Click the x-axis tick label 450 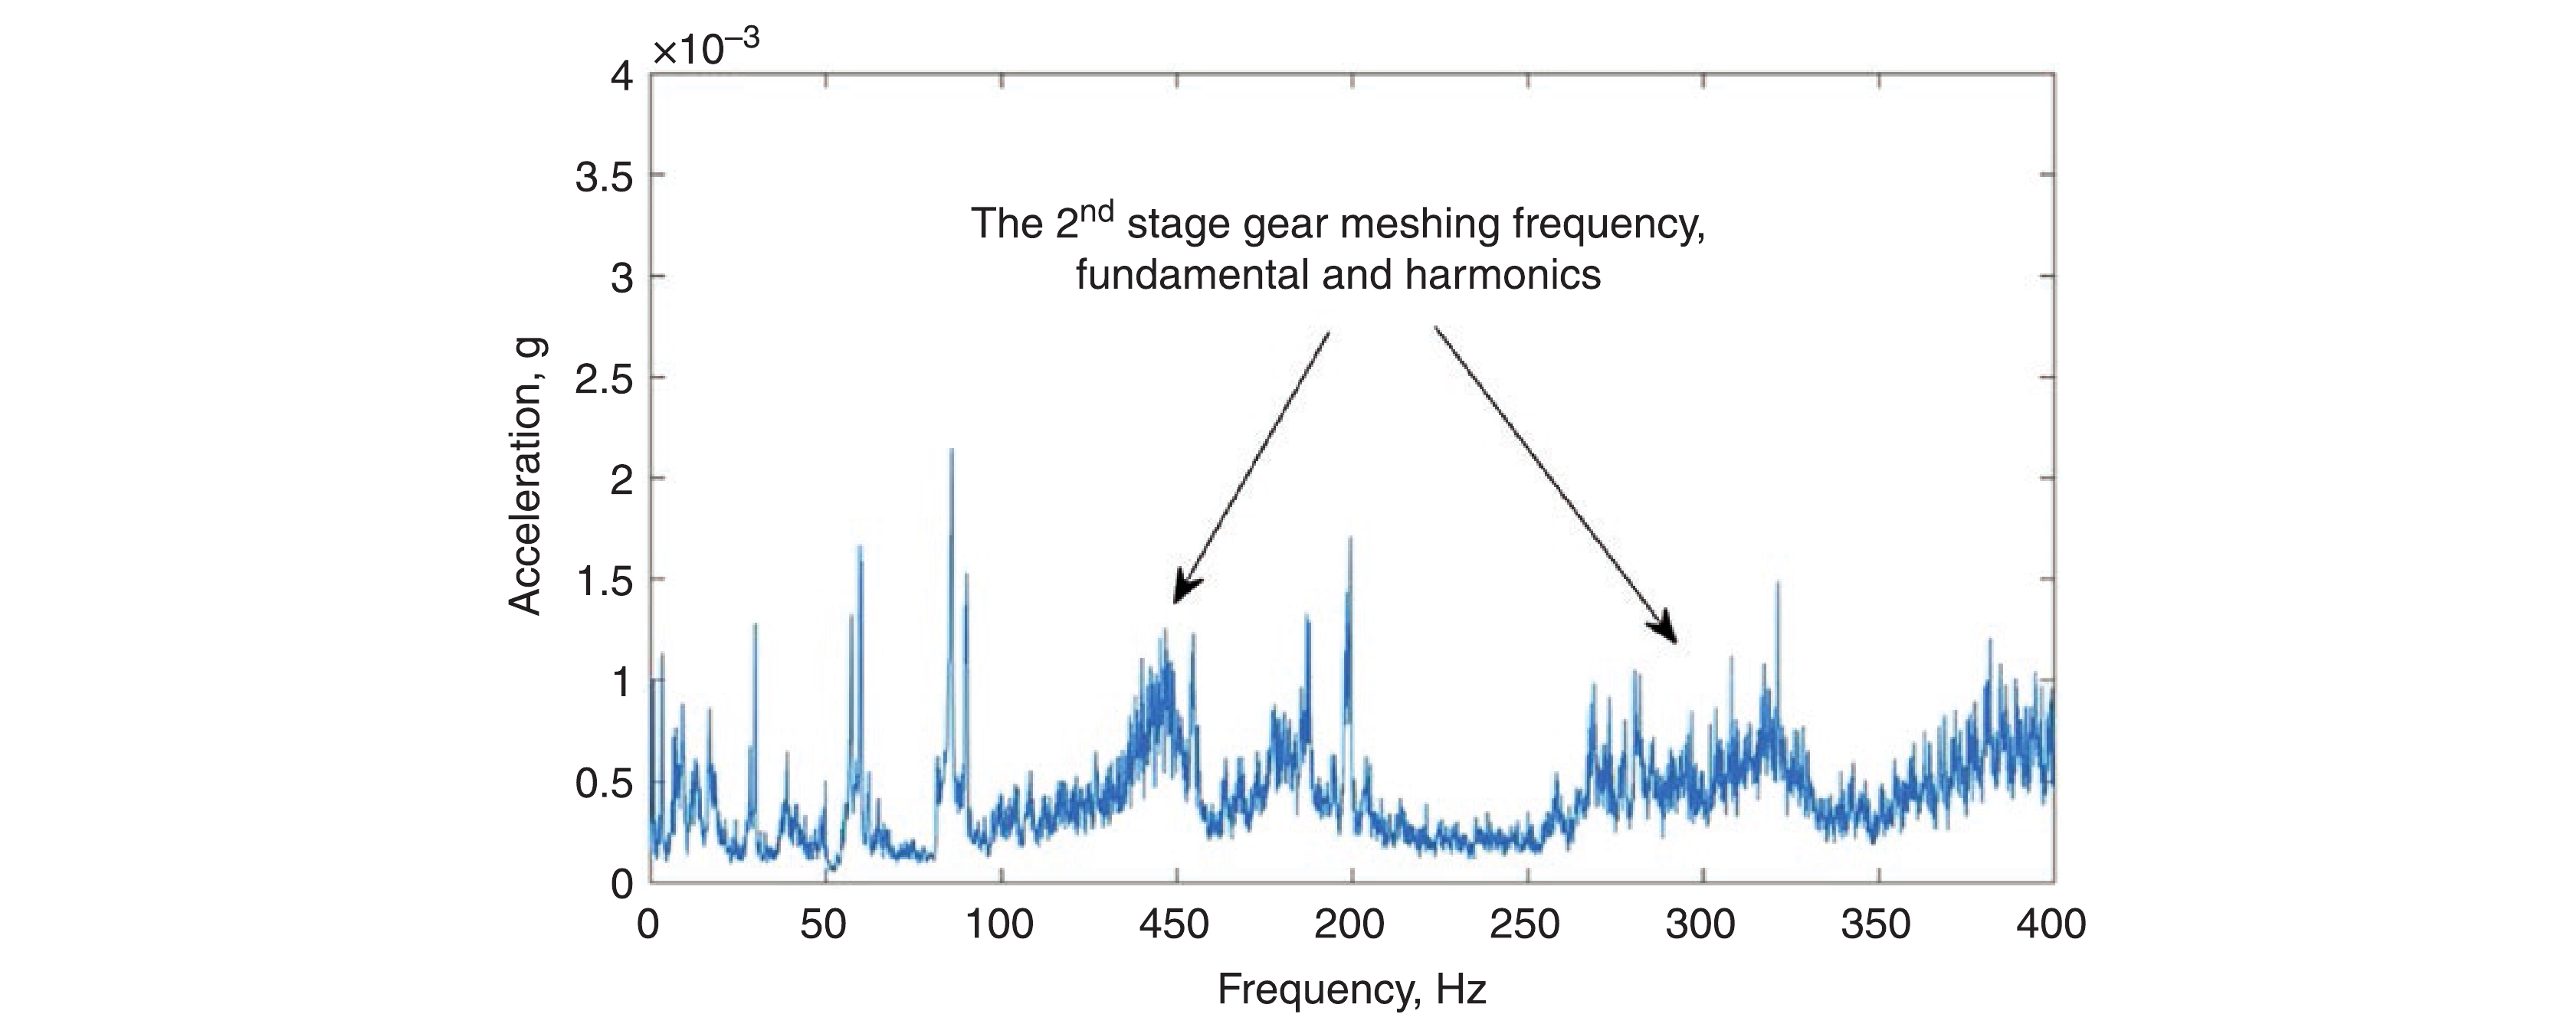tap(1175, 925)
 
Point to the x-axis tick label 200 tap(1349, 925)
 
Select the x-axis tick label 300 tap(1701, 925)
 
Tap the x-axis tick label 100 tap(999, 925)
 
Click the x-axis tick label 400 tap(2051, 925)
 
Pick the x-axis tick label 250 tap(1525, 925)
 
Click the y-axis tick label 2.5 tap(604, 379)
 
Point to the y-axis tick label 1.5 tap(604, 581)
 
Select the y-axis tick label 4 tap(622, 76)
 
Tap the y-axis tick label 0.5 tap(604, 784)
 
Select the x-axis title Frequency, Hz tap(1351, 990)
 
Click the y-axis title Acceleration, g tap(525, 476)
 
